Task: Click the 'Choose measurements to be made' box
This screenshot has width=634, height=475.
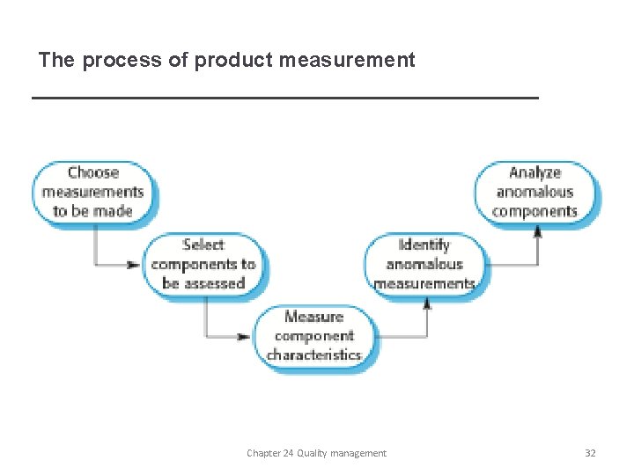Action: (93, 192)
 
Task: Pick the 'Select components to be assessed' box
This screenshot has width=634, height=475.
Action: (204, 264)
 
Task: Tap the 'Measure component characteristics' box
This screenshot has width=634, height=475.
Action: (314, 335)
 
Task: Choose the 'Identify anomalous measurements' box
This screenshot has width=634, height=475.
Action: (424, 264)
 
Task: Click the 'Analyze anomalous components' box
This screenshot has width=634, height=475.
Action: (535, 192)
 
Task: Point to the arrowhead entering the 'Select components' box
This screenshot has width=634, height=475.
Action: (133, 265)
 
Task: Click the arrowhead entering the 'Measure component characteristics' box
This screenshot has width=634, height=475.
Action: (244, 336)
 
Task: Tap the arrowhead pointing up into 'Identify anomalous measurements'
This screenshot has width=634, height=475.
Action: (427, 303)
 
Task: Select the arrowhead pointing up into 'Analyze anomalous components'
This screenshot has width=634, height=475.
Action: (537, 232)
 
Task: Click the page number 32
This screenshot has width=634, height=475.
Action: (590, 453)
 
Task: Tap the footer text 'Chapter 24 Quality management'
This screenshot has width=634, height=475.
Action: (316, 453)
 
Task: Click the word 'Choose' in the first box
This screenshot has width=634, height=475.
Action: (93, 172)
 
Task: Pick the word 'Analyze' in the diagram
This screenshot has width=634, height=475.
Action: (535, 172)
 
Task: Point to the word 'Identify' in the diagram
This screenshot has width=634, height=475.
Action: (424, 245)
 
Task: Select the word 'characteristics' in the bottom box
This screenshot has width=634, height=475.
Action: (314, 355)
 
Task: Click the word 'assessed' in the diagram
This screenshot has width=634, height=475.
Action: (215, 283)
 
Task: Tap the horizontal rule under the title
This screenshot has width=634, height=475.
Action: (284, 98)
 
